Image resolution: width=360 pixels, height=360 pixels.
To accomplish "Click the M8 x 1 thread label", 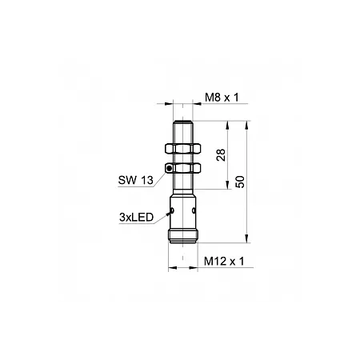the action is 222,98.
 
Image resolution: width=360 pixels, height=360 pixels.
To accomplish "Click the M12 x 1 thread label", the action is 224,262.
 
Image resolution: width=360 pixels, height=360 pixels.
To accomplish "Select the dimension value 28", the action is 221,155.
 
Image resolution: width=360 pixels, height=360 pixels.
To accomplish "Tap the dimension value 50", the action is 240,182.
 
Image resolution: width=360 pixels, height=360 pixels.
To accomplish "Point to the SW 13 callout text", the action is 136,181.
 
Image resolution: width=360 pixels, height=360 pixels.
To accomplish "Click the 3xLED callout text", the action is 137,218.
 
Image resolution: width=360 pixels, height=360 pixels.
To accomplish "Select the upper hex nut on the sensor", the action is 182,149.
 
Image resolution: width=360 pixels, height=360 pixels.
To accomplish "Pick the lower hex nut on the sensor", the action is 182,168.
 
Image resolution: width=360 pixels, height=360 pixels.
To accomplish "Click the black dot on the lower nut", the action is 169,168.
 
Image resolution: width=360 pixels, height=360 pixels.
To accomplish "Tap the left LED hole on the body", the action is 172,210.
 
